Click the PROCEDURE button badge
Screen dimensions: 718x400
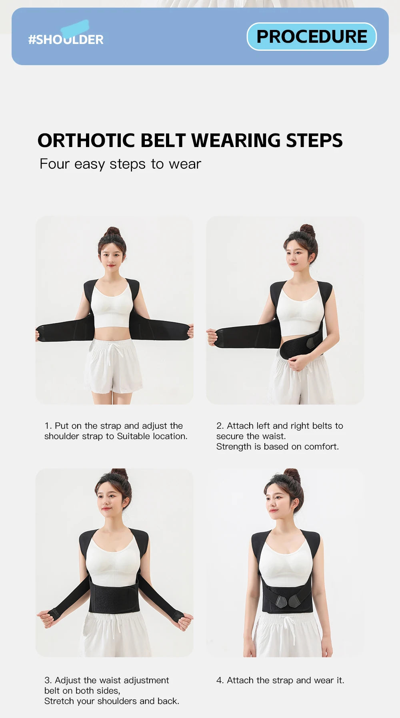pos(312,37)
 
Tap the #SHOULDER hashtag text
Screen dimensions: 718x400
pos(66,40)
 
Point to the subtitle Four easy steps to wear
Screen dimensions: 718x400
pos(120,164)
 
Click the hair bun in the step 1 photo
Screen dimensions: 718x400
pos(112,231)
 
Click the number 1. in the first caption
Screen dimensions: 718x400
pos(48,426)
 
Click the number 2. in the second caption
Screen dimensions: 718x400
pos(220,426)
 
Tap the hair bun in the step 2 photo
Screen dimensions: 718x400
pos(308,230)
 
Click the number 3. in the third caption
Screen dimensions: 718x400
pos(48,680)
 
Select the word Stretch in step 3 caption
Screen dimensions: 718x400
pos(58,701)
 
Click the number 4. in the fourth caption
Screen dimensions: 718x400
pos(220,680)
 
